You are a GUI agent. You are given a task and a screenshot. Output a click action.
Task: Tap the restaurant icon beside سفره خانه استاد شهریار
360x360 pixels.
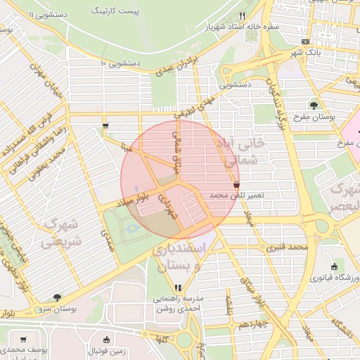point(243,15)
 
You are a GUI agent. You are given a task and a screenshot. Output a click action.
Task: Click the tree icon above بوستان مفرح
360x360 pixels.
point(314,105)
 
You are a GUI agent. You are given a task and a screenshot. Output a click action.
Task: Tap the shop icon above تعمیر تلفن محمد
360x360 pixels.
point(235,183)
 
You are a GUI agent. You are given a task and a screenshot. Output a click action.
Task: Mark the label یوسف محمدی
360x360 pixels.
point(25,349)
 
